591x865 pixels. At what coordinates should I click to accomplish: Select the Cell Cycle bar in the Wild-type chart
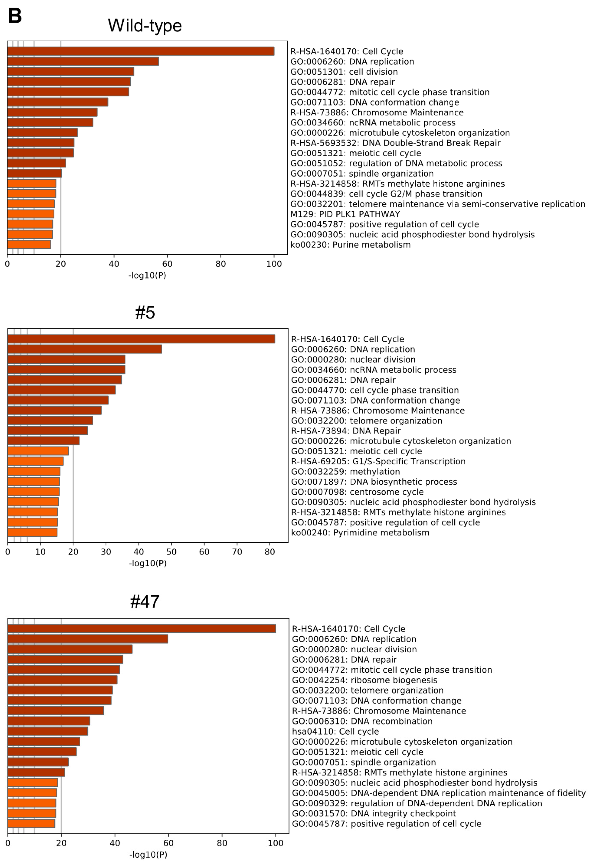141,51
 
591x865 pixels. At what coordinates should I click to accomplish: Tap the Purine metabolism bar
29,244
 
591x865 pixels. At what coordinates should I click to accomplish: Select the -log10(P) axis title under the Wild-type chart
147,276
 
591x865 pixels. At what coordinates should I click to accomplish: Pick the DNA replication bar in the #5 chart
85,349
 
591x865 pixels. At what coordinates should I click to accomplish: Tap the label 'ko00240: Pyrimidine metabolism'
360,533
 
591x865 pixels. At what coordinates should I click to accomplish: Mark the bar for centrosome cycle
34,492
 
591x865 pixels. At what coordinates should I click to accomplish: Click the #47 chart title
145,601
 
